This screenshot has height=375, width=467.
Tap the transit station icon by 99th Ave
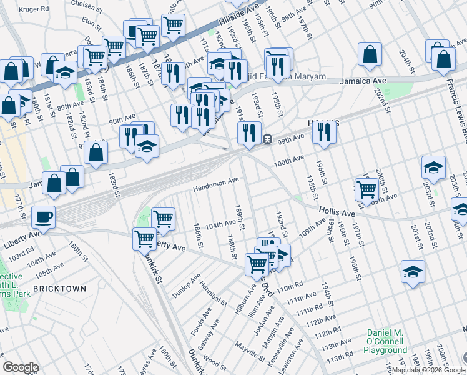point(267,139)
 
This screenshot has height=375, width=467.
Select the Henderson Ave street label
point(216,184)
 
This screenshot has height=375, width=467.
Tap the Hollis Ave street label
point(338,213)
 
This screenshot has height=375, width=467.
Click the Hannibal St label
point(214,293)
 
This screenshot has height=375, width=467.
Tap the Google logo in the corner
point(21,367)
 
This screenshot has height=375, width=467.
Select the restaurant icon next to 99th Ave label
point(323,132)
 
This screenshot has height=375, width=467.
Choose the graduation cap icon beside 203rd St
point(433,167)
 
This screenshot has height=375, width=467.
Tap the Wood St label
point(214,361)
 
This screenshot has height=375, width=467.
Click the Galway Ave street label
point(211,334)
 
